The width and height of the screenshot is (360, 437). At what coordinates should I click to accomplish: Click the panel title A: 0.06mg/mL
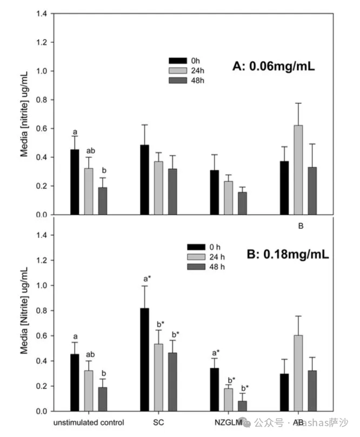[274, 67]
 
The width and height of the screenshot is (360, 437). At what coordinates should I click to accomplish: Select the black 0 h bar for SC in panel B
[145, 360]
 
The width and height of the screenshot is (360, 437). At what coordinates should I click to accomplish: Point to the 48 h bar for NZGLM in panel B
[243, 406]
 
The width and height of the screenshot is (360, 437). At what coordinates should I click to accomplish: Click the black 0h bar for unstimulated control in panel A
[75, 182]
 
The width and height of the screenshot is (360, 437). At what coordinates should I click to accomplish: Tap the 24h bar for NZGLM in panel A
[229, 197]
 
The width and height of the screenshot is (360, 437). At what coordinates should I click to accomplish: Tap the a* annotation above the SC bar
[146, 279]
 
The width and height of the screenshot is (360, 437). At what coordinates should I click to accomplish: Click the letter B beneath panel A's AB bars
[301, 227]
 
